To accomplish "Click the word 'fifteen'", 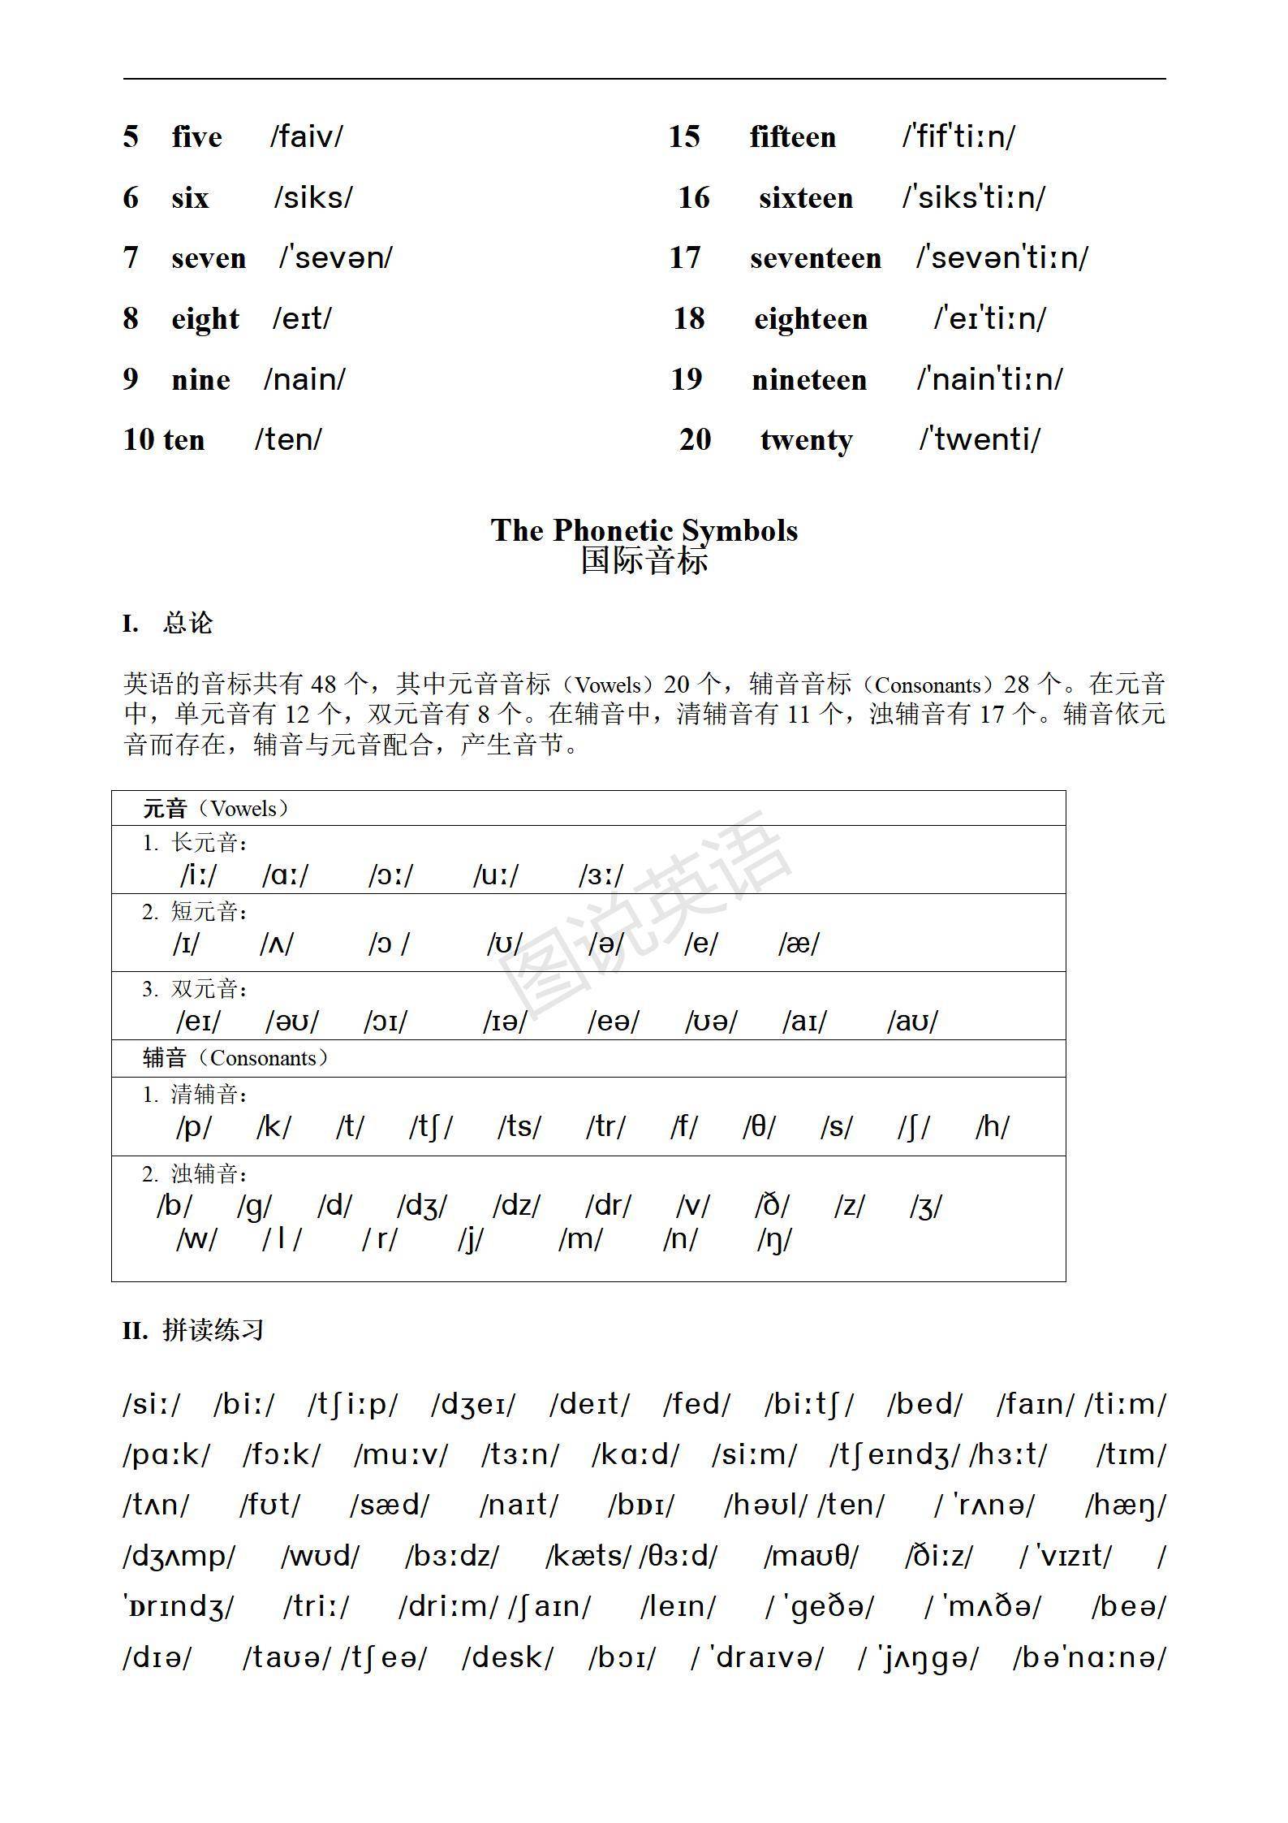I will click(792, 136).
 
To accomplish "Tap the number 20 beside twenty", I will click(695, 439).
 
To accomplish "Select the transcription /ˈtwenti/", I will click(980, 439).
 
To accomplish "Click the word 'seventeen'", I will click(815, 258).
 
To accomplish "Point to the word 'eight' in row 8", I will click(205, 318).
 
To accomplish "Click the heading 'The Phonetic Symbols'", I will click(644, 530).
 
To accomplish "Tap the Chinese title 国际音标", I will click(644, 560).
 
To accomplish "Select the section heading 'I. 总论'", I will click(168, 624).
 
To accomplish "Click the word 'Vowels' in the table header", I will click(243, 809).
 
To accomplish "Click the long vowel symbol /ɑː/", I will click(286, 875).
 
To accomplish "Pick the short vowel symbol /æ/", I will click(799, 944).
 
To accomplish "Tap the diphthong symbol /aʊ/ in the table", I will click(912, 1022).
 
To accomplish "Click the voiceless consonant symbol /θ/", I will click(759, 1126).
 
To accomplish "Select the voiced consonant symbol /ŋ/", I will click(774, 1239).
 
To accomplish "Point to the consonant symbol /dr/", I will click(608, 1206).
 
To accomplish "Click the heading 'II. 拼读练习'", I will click(193, 1330).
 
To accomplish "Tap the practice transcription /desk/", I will click(507, 1657).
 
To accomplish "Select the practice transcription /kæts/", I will click(588, 1555).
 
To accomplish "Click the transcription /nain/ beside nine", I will click(304, 379).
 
